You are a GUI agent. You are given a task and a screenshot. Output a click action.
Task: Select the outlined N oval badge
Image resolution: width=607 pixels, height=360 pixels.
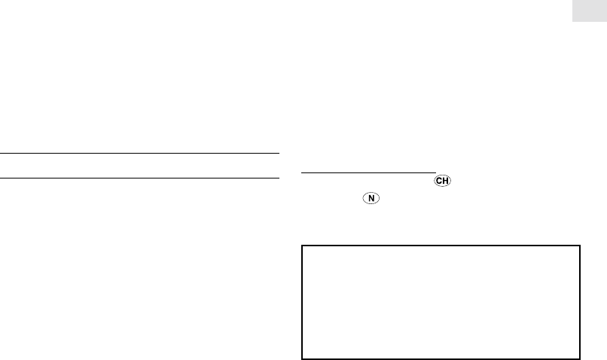tap(370, 200)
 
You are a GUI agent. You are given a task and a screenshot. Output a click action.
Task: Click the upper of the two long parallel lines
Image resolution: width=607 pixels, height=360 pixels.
tap(136, 154)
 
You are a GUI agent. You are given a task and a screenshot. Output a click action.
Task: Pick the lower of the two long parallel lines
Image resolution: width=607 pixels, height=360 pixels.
tap(136, 178)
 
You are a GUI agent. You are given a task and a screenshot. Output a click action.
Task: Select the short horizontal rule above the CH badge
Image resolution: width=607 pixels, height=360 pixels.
tap(369, 172)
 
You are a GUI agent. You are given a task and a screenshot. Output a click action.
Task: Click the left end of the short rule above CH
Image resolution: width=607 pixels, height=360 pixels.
tap(302, 172)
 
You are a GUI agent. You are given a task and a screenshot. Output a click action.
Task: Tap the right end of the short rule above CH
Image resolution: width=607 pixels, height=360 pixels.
tap(436, 172)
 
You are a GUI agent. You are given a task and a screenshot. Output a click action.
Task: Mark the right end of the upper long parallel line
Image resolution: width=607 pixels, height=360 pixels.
tap(270, 154)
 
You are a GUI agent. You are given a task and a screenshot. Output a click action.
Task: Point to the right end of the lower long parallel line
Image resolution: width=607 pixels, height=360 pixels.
tap(270, 178)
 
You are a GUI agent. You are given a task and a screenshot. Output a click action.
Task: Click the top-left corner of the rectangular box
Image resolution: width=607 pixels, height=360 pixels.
tap(302, 245)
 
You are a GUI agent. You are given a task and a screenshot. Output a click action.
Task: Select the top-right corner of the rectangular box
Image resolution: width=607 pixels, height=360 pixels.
tap(581, 245)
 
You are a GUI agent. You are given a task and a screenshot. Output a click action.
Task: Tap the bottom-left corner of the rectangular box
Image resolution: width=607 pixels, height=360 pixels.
tap(302, 357)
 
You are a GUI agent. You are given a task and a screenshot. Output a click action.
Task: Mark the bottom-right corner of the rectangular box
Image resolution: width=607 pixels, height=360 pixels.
tap(581, 357)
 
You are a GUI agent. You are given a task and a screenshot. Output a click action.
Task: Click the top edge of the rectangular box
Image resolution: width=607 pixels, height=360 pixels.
tap(441, 245)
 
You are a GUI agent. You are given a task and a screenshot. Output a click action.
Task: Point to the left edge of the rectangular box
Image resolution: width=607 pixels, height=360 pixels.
tap(302, 301)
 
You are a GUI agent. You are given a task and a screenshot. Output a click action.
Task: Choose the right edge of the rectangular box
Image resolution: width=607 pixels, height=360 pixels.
tap(581, 301)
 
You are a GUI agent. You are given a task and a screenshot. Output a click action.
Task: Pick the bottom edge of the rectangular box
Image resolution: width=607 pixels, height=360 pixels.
tap(441, 357)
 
